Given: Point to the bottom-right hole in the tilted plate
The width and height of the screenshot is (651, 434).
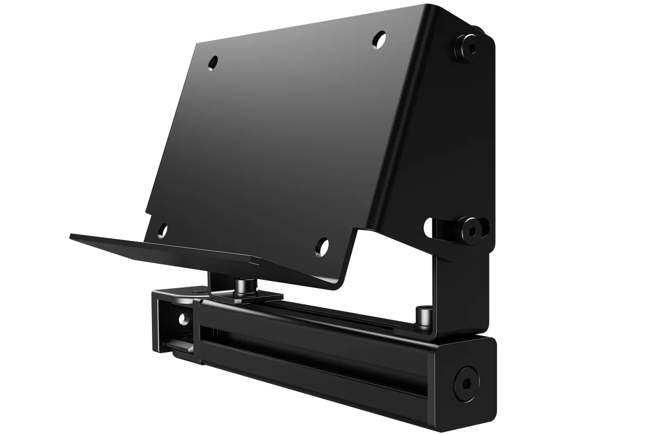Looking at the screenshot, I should click(322, 247).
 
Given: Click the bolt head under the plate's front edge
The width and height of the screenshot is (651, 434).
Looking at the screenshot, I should click(241, 285).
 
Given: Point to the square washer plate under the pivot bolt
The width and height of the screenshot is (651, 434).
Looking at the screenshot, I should click(247, 296).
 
